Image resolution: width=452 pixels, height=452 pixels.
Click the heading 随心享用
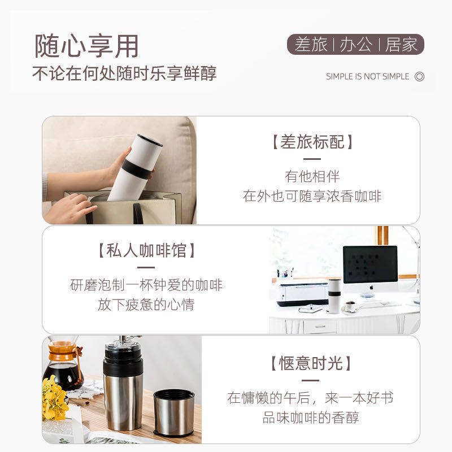click(86, 46)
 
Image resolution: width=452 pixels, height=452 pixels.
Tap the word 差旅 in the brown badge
click(311, 45)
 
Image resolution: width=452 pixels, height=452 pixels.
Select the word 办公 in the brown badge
click(356, 45)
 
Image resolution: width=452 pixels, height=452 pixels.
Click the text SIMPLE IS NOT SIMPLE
click(367, 77)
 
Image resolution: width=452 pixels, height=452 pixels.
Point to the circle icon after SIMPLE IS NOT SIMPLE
click(419, 77)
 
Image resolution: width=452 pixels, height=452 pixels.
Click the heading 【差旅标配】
click(312, 142)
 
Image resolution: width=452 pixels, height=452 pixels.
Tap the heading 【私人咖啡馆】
click(146, 250)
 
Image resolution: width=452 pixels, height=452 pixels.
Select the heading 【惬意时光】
click(311, 363)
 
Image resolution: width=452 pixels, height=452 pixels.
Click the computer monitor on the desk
click(370, 265)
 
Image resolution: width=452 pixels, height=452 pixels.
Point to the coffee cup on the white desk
click(351, 306)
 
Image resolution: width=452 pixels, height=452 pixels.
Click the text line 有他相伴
click(312, 176)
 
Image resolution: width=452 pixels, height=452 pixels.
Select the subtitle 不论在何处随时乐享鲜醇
click(124, 74)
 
